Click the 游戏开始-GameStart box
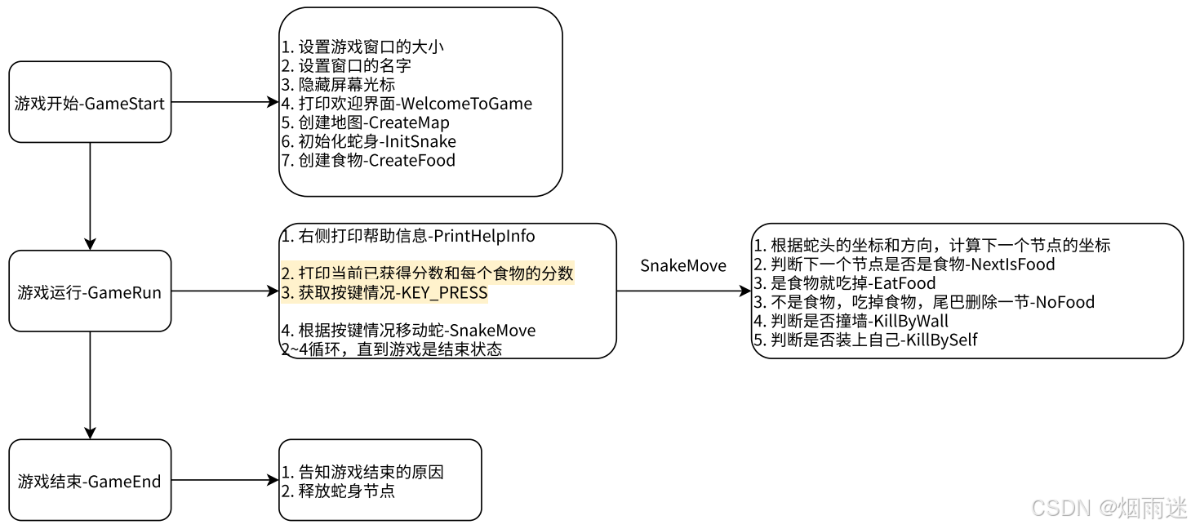[90, 102]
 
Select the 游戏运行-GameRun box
[90, 291]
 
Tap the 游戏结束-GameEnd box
[90, 480]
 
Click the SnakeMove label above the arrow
[683, 265]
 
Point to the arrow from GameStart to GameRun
[90, 196]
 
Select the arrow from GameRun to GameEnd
[90, 385]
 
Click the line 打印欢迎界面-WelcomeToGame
[407, 104]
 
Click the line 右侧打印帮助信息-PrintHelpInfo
[408, 236]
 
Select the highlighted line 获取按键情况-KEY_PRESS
[384, 293]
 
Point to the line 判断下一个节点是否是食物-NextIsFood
[904, 264]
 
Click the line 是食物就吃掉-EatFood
[844, 283]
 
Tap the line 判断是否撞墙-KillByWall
[851, 321]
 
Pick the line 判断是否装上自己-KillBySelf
[865, 340]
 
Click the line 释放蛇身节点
[338, 491]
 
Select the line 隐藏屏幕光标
[338, 85]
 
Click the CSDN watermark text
[1109, 508]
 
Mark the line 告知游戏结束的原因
[362, 472]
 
